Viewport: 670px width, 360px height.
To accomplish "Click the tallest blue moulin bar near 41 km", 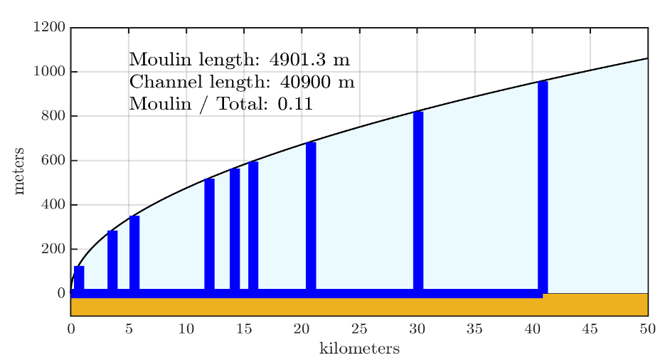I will pos(543,185).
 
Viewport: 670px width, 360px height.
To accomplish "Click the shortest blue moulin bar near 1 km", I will pos(79,277).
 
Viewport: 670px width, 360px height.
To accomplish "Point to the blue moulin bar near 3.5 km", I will pos(112,260).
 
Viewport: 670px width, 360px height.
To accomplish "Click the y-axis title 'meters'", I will pos(20,171).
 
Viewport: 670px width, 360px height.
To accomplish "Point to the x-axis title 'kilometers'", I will pos(359,349).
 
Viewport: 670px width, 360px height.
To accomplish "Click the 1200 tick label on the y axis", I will pos(49,28).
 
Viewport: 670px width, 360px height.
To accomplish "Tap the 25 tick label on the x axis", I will pos(359,329).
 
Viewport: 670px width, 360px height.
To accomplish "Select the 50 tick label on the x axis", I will pos(647,329).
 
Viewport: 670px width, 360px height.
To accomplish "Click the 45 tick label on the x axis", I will pos(590,329).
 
